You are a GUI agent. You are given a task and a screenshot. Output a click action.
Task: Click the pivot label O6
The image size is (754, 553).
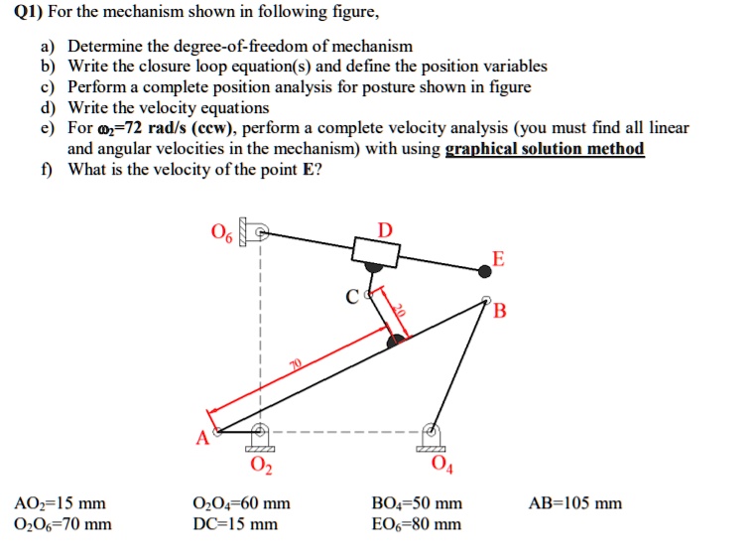[x=222, y=235]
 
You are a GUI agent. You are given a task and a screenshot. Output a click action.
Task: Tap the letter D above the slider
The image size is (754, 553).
[x=385, y=230]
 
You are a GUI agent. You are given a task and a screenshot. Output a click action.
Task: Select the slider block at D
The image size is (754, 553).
[x=377, y=252]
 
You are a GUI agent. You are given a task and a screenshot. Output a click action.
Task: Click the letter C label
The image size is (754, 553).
[x=352, y=296]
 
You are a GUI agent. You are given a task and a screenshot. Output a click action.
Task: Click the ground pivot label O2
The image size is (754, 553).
[x=260, y=466]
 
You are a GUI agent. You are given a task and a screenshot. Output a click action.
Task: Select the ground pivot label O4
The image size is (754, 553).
[x=440, y=466]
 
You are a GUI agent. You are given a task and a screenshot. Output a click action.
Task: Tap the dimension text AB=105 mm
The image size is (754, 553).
[x=574, y=503]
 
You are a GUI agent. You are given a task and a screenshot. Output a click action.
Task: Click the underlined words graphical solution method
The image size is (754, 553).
[x=545, y=149]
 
